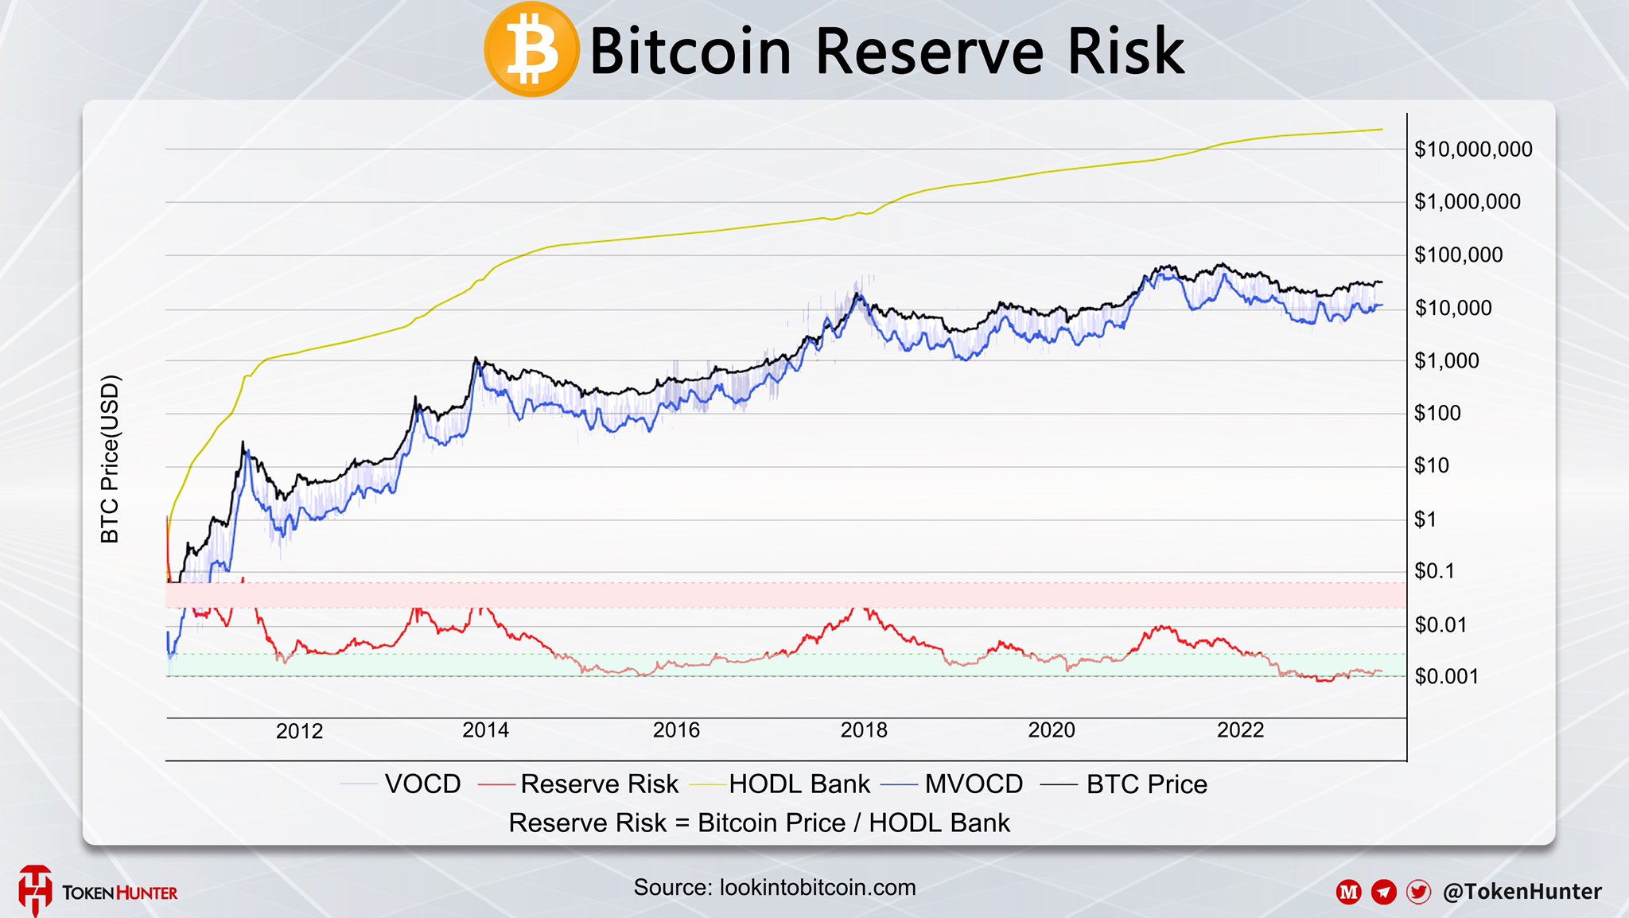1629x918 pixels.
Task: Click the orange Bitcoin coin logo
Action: pos(531,49)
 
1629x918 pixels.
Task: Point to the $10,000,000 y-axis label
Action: pos(1473,150)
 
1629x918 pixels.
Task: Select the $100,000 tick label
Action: pos(1458,255)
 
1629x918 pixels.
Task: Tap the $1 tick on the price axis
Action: pos(1425,519)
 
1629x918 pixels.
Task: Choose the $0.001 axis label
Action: pos(1446,677)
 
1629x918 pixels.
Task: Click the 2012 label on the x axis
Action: pos(299,731)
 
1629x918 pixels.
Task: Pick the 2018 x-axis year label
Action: pos(864,730)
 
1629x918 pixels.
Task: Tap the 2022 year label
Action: pos(1240,730)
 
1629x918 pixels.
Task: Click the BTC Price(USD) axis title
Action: pos(110,459)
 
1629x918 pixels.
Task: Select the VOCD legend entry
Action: pos(422,784)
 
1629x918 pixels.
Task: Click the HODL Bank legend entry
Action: pos(799,784)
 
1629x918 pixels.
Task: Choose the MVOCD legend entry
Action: pos(973,784)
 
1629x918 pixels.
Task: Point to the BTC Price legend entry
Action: pos(1146,784)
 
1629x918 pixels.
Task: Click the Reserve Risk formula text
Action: pos(759,823)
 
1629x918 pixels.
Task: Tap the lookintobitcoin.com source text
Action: pos(817,888)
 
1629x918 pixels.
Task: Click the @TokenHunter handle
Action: pos(1522,892)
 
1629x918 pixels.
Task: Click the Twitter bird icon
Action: pos(1418,892)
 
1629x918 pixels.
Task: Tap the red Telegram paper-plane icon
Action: pos(1384,892)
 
